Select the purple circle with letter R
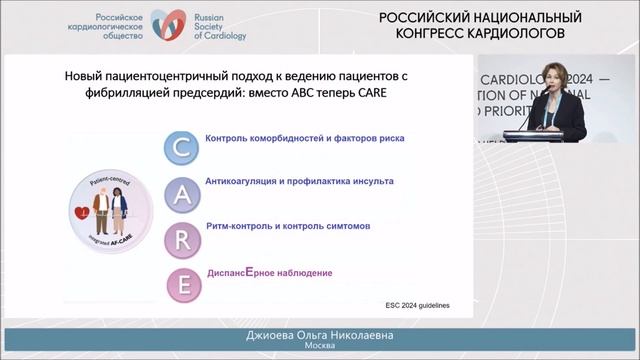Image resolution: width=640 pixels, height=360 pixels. [183, 237]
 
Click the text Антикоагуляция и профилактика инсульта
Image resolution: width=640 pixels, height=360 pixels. [299, 182]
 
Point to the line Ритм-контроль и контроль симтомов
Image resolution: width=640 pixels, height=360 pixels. [287, 227]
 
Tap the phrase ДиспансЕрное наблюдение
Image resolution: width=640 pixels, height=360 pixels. [268, 272]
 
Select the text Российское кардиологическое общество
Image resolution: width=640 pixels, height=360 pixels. [107, 26]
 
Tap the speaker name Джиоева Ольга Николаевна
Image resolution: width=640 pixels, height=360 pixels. [319, 332]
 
